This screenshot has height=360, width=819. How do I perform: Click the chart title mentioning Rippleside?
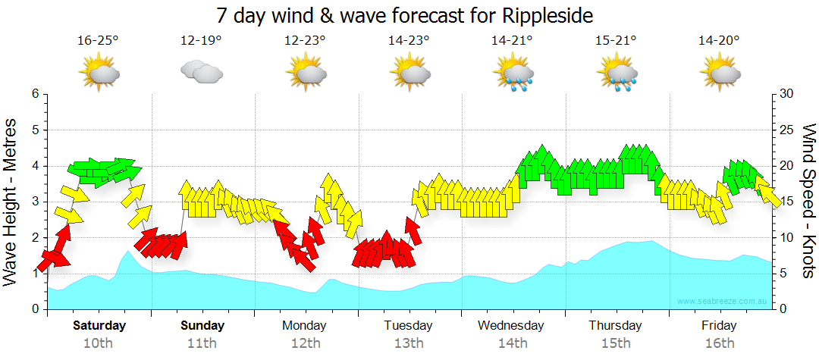[x=404, y=15]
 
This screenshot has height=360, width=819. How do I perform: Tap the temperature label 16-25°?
[x=98, y=41]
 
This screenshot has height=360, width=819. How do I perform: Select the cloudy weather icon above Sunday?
[x=201, y=73]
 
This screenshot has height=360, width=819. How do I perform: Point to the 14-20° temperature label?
[x=719, y=41]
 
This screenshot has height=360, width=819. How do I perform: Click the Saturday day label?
[x=99, y=326]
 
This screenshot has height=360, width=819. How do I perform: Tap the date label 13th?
[x=408, y=343]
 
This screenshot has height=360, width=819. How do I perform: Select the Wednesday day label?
[x=511, y=326]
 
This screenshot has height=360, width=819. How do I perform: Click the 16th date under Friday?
[x=719, y=343]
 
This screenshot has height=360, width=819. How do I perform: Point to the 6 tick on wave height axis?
[x=35, y=94]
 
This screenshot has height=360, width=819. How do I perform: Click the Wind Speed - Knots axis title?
[x=808, y=201]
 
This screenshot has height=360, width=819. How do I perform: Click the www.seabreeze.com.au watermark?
[x=723, y=301]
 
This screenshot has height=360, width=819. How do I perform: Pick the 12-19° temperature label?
[x=201, y=41]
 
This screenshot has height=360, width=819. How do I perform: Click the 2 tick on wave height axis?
[x=35, y=238]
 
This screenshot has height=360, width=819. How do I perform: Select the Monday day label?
[x=304, y=326]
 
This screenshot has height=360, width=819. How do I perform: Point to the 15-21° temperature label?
[x=616, y=41]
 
